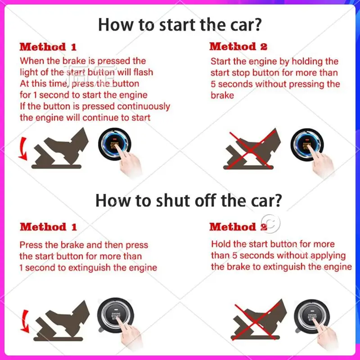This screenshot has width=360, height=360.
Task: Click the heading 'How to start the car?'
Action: click(180, 25)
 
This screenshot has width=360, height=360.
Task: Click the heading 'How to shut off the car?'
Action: click(189, 200)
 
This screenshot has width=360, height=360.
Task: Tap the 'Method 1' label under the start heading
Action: click(48, 47)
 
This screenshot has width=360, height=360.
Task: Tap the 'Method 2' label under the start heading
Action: click(238, 46)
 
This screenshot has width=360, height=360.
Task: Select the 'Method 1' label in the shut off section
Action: click(48, 227)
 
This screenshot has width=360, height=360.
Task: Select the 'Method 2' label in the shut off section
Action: click(238, 227)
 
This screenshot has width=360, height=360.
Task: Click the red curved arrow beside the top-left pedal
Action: click(23, 149)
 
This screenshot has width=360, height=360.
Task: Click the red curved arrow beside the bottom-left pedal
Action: click(25, 321)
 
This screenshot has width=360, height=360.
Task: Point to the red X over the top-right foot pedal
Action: click(252, 149)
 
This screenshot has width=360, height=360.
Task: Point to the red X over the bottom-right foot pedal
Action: click(256, 321)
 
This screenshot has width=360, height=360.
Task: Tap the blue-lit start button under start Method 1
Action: click(114, 144)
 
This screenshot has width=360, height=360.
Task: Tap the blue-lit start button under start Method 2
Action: click(307, 144)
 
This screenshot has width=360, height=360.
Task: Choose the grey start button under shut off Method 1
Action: click(115, 315)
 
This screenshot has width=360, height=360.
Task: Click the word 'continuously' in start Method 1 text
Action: click(144, 107)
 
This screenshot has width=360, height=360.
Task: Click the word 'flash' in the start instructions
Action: click(143, 72)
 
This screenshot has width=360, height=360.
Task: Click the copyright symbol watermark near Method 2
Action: click(271, 223)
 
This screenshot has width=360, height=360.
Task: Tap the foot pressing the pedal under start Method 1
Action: click(67, 145)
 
